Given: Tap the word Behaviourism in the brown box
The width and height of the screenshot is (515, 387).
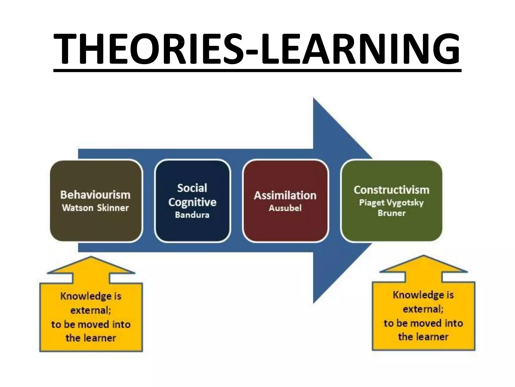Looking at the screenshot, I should pos(95,195).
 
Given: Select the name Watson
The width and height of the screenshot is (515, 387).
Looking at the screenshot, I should pos(78,208).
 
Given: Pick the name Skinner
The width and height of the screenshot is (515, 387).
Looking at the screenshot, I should pos(113,208).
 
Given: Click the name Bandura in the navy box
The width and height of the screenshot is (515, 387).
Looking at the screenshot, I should pos(192,215).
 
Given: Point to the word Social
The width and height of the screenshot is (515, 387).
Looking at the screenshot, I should pos(192,188).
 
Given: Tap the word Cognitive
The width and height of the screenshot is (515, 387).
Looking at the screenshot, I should pos(192,202).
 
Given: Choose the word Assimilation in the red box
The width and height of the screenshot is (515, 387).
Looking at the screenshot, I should pos(285,196).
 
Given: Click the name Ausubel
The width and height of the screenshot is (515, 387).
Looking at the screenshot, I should pos(285,208).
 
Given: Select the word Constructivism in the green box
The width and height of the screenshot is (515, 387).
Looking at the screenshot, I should pos(391,190).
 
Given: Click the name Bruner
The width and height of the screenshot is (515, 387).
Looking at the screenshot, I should pos(392,213).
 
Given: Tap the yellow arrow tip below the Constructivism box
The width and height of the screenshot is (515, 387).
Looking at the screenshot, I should pos(423,256).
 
